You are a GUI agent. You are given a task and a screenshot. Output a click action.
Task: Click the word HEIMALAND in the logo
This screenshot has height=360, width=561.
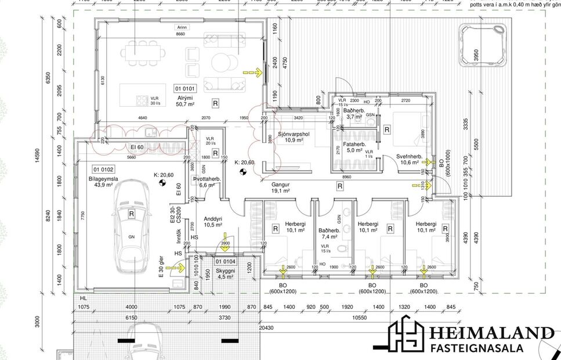[491, 333]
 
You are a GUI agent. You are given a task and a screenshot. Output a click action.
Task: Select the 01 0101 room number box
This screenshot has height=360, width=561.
[186, 89]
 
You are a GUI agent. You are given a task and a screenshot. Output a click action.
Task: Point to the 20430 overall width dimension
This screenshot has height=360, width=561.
[266, 327]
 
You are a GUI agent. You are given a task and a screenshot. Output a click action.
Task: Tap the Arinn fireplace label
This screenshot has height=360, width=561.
[183, 27]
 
